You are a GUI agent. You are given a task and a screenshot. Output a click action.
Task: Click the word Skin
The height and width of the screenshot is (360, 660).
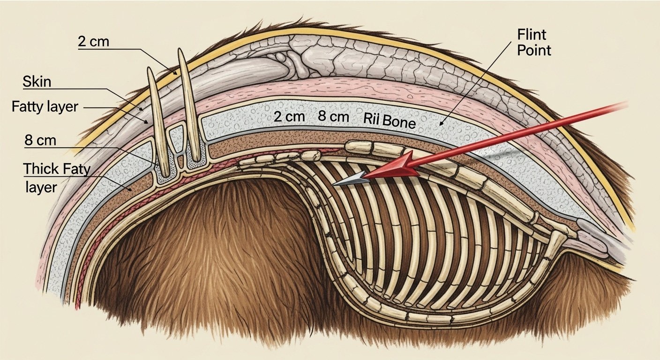click(37, 82)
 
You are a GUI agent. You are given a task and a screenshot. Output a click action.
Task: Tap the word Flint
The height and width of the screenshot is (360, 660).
click(532, 35)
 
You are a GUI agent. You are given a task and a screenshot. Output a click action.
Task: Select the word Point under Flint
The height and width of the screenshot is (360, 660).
click(534, 50)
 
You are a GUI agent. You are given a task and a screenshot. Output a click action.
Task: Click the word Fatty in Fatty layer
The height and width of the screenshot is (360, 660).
click(30, 106)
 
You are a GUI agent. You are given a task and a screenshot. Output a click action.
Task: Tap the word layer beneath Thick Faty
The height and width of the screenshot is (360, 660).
click(40, 187)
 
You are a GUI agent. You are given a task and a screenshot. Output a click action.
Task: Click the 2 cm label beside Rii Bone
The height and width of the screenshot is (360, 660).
click(290, 117)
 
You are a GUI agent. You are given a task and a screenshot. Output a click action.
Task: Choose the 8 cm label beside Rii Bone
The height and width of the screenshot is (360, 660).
click(333, 117)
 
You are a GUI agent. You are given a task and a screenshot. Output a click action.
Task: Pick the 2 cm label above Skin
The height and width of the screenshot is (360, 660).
click(93, 42)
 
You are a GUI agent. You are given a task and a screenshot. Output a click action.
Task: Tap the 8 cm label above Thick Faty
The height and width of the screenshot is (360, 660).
click(40, 140)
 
